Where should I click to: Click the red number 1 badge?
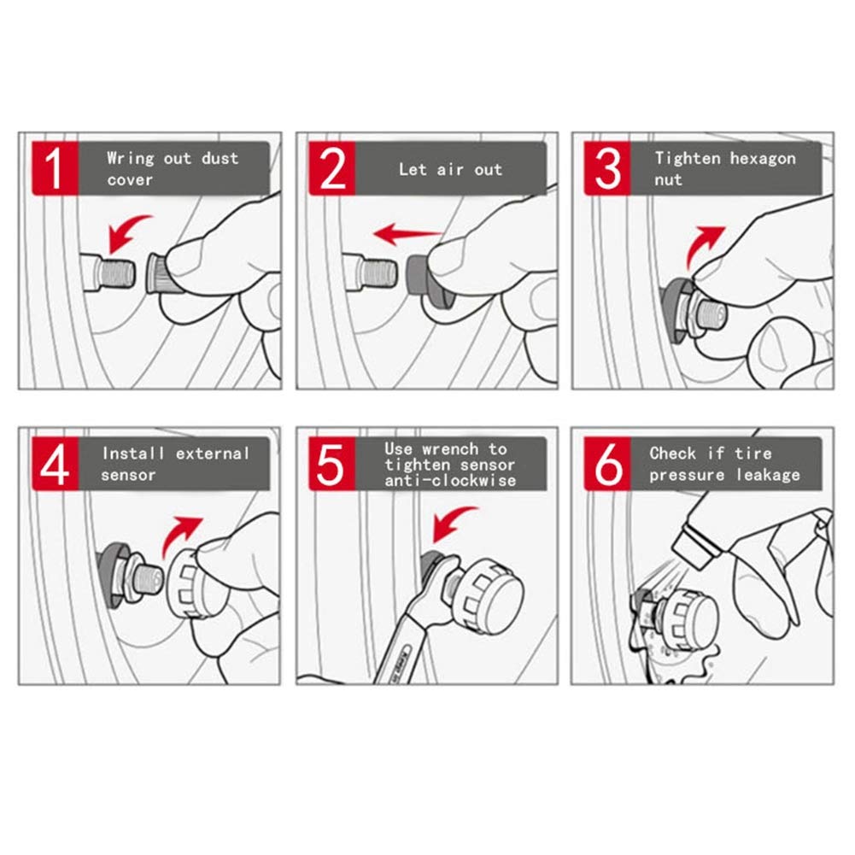coord(55,168)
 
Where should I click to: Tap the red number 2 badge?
coord(332,168)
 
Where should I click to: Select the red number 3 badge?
coord(607,168)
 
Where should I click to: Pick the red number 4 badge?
coord(55,464)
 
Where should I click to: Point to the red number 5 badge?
coord(332,464)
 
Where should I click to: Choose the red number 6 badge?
coord(607,464)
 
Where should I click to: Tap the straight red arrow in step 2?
coord(407,235)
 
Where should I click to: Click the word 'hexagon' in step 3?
coord(762,159)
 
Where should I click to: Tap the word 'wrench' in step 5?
coord(450,449)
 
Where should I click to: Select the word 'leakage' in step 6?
coord(768,475)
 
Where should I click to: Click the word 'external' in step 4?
coord(212,454)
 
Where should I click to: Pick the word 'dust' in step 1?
coord(220,158)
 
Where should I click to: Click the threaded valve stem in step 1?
coord(116,272)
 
